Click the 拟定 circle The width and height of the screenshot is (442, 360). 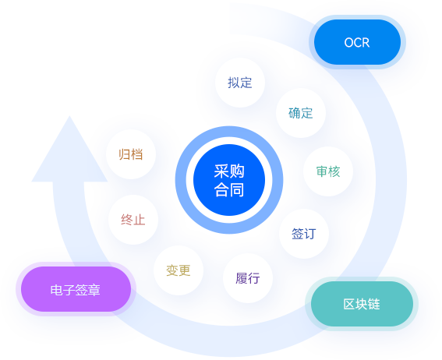[x=240, y=83]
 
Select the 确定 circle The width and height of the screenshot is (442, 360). [x=301, y=113]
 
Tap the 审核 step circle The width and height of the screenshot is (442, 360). [x=327, y=171]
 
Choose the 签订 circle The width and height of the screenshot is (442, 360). [x=304, y=233]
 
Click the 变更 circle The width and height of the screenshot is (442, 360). [x=178, y=270]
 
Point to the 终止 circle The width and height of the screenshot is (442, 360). [x=133, y=219]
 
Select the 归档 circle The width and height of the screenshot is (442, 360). [x=130, y=154]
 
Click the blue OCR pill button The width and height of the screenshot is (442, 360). [x=357, y=42]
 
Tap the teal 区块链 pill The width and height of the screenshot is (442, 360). [x=361, y=304]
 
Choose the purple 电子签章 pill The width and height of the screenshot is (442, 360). [x=74, y=290]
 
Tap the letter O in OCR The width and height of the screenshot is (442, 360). [x=348, y=42]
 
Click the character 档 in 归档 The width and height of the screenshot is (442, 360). [x=136, y=154]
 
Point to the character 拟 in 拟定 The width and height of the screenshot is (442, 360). [x=234, y=83]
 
